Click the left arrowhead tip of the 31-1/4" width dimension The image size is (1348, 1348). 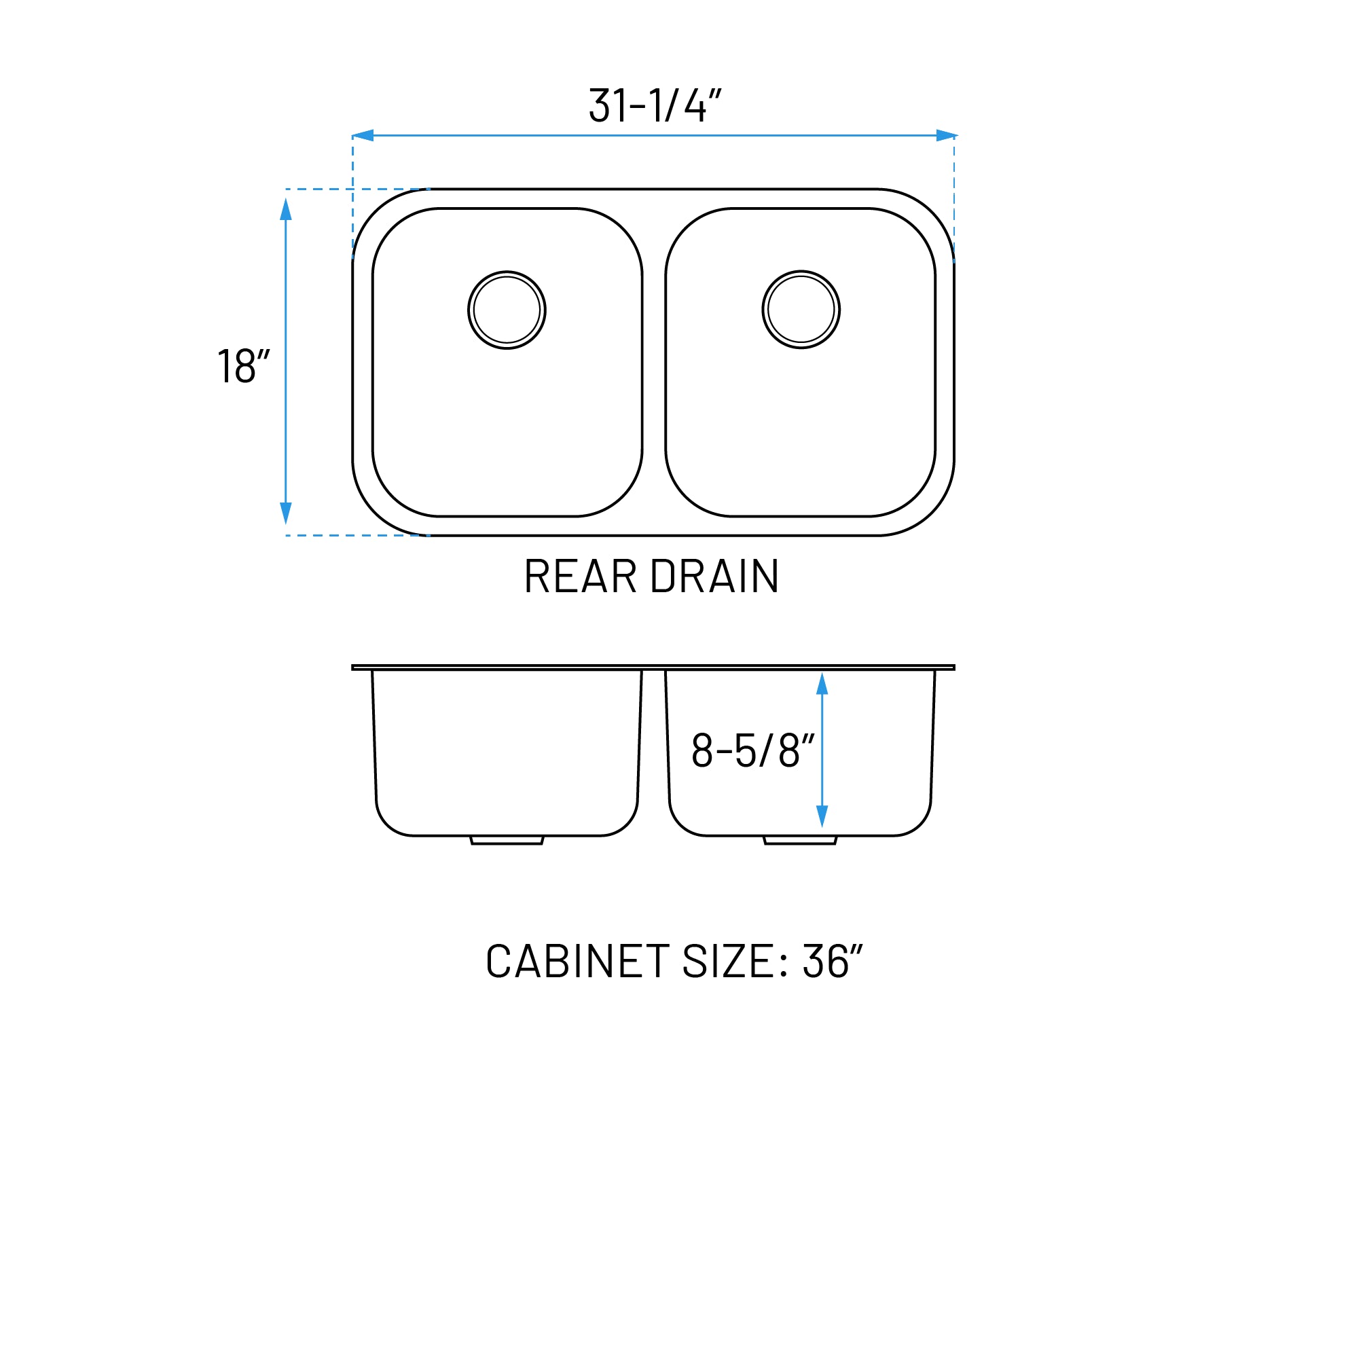pos(352,135)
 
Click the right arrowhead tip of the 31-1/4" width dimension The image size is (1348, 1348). pos(958,135)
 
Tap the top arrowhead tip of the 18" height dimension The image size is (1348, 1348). pos(286,198)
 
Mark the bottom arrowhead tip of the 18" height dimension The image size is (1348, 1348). pos(286,525)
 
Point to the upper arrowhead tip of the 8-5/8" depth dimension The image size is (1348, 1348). pos(822,672)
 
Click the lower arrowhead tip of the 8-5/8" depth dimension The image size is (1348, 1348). pos(822,828)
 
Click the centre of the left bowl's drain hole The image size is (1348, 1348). pos(507,310)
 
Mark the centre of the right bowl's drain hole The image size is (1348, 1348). pos(801,309)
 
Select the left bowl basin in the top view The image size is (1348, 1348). pos(507,362)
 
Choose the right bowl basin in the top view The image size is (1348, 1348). pos(800,362)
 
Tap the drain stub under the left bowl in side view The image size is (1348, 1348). pos(507,840)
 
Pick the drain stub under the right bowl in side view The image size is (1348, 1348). pos(800,840)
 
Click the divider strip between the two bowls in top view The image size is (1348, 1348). pos(654,362)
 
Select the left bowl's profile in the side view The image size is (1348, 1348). pos(507,753)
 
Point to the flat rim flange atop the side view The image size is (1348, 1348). pos(653,667)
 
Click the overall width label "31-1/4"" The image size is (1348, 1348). pos(655,105)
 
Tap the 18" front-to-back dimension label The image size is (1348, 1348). pos(244,365)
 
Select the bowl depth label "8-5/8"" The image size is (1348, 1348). pos(753,750)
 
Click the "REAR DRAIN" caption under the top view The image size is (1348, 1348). pos(652,577)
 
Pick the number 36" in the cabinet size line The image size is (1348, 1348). pos(833,961)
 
